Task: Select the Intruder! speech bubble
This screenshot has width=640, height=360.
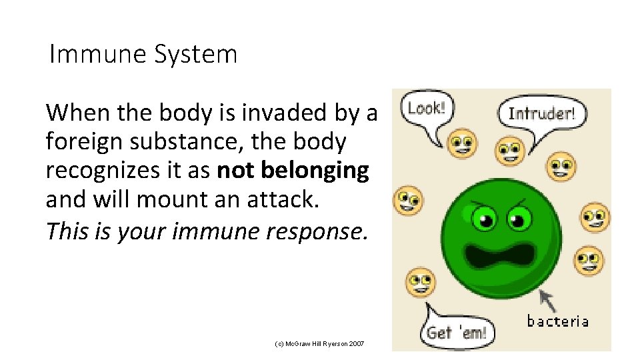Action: click(x=541, y=113)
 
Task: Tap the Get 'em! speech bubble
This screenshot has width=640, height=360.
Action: click(x=456, y=331)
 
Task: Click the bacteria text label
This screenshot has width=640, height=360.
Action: click(x=557, y=321)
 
